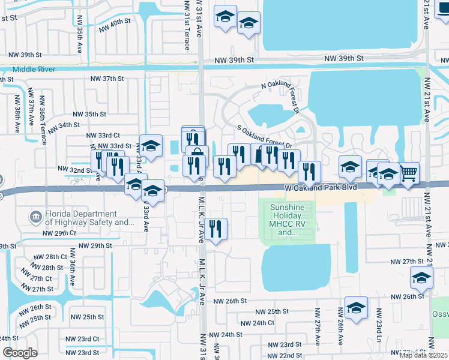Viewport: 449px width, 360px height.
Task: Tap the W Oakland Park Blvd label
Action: tap(321, 188)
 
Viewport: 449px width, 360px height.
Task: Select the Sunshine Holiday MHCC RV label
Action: tap(290, 219)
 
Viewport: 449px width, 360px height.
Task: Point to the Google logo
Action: tap(20, 353)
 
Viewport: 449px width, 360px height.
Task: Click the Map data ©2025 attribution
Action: tap(423, 355)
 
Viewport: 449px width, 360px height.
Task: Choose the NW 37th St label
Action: tap(107, 79)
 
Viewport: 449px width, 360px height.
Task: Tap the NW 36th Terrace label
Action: tap(43, 121)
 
